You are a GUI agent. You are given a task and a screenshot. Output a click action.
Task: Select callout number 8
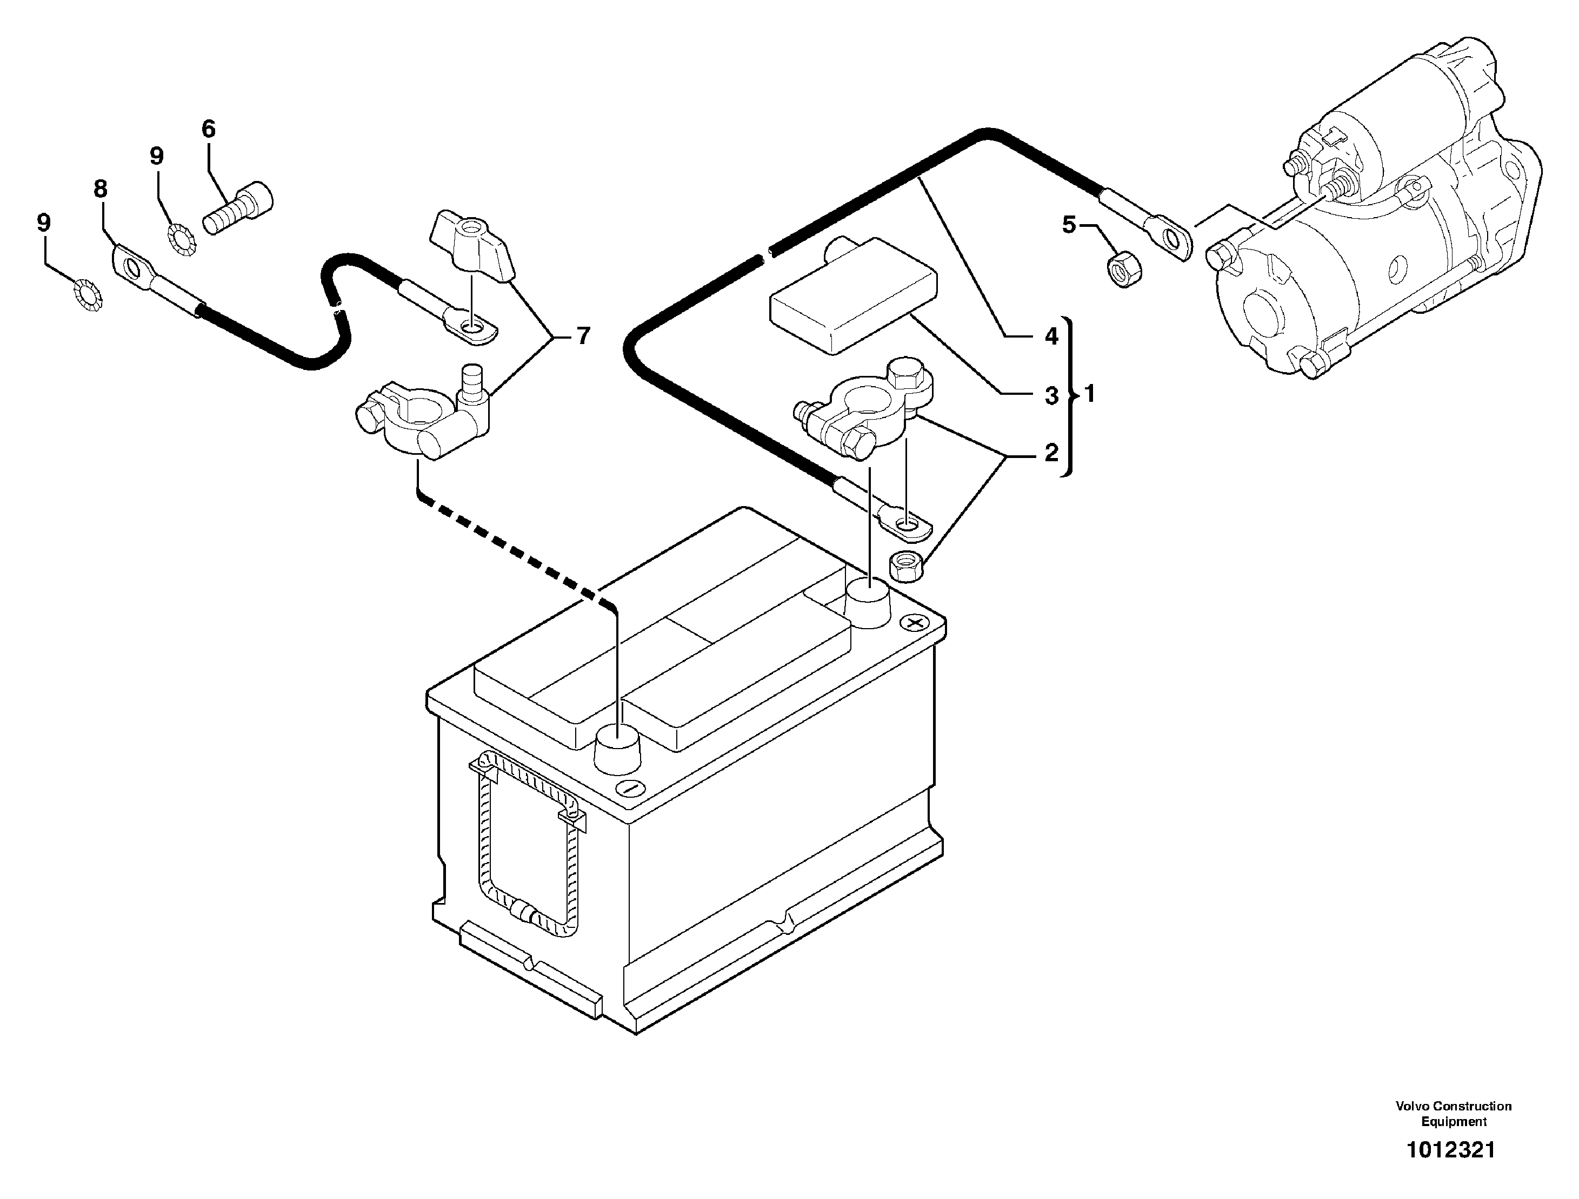tap(100, 189)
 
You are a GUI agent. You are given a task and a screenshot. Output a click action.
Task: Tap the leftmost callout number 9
tap(44, 223)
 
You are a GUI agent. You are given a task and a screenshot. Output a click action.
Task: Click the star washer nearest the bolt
tap(182, 240)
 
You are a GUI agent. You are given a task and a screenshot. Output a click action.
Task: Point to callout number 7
tap(583, 336)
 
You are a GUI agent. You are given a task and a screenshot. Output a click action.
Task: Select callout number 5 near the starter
tap(1068, 225)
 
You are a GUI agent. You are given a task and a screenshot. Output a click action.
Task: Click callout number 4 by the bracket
tap(1051, 335)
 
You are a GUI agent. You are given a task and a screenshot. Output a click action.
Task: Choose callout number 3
tap(1051, 395)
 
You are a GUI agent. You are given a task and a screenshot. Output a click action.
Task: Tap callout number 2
tap(1051, 453)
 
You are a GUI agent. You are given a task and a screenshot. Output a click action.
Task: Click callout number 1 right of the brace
tap(1090, 393)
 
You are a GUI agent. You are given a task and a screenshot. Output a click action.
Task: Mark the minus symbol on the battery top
tap(629, 789)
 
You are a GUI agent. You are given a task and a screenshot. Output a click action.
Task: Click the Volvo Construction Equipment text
tap(1453, 1113)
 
